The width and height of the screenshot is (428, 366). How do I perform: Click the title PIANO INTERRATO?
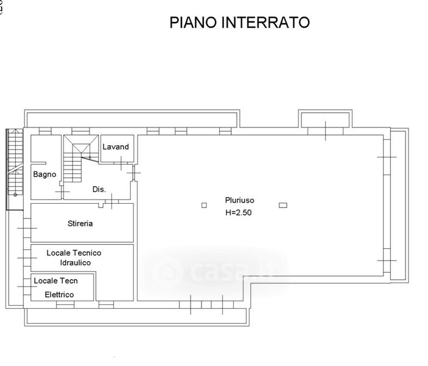[240, 23]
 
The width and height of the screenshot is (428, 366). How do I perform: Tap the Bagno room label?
[44, 174]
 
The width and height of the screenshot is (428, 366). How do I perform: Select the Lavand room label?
[116, 147]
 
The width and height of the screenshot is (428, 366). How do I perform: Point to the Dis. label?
[99, 189]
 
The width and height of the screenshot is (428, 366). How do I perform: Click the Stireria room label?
[80, 223]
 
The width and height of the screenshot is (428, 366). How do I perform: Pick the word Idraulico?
[75, 262]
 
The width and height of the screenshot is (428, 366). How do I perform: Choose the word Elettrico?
[59, 295]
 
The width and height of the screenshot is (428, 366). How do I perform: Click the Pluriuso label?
[240, 200]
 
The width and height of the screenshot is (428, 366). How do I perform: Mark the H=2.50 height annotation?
[239, 212]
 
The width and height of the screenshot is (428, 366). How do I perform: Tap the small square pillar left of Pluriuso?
[204, 205]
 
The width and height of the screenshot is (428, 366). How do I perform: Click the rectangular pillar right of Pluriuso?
[283, 205]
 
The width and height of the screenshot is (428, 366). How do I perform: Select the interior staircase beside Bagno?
[81, 159]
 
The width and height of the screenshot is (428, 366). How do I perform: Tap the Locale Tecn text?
[55, 281]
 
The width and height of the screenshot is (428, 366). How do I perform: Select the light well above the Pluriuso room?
[325, 120]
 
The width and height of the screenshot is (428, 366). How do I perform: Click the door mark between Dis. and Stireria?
[111, 201]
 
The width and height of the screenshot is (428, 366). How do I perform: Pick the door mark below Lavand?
[121, 163]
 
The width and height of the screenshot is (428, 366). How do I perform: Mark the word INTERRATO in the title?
[265, 23]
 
